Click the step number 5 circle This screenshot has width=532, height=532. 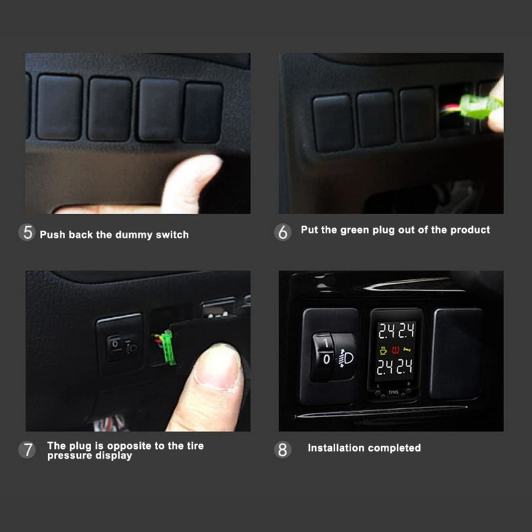click(x=27, y=233)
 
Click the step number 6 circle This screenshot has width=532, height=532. click(x=283, y=232)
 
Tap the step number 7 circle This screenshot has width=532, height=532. click(x=27, y=450)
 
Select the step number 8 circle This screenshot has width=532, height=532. click(x=283, y=450)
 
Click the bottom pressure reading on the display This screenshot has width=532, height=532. click(x=396, y=367)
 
